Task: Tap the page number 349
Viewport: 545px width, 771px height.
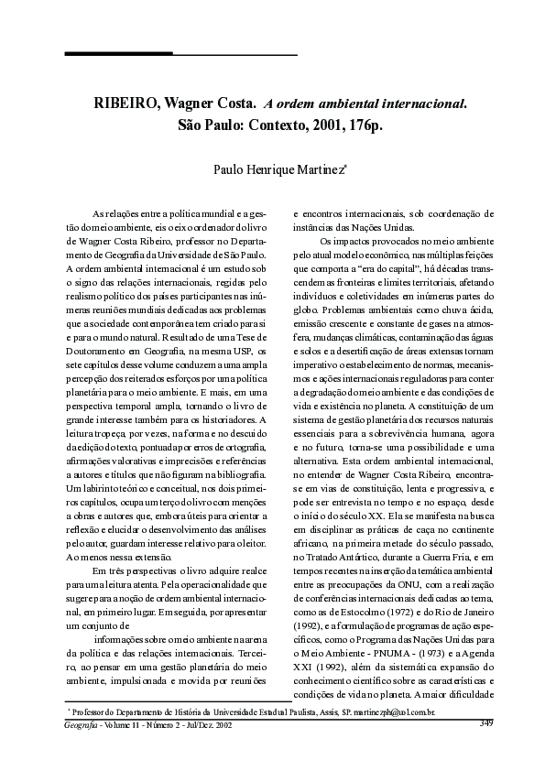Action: click(486, 723)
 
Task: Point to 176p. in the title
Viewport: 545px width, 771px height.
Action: click(358, 125)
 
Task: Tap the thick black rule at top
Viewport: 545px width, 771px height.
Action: click(118, 54)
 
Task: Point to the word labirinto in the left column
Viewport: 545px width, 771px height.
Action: click(98, 490)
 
